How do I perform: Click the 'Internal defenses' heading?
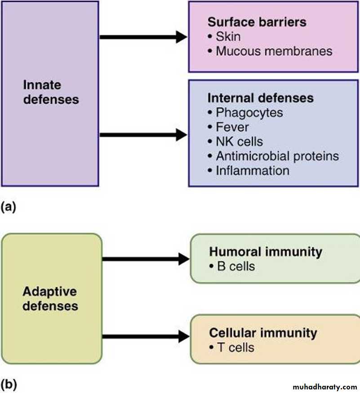pyautogui.click(x=260, y=97)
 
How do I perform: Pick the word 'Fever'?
pyautogui.click(x=232, y=127)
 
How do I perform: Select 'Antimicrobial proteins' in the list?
pyautogui.click(x=277, y=156)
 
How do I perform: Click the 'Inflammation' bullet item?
pyautogui.click(x=252, y=171)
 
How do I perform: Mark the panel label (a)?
pyautogui.click(x=9, y=207)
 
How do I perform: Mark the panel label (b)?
pyautogui.click(x=9, y=384)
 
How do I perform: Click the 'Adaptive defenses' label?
pyautogui.click(x=50, y=299)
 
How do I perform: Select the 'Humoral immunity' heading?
pyautogui.click(x=266, y=252)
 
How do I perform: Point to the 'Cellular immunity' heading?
pyautogui.click(x=263, y=333)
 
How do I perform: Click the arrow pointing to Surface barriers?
pyautogui.click(x=143, y=37)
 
